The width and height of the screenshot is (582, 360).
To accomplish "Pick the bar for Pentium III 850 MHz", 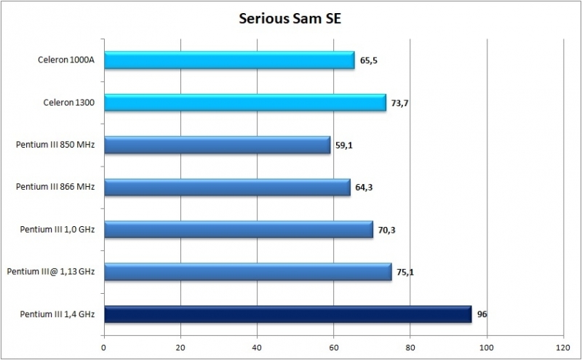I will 217,145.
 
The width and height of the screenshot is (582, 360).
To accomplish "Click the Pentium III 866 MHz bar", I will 227,188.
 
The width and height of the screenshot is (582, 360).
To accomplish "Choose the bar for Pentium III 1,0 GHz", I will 239,230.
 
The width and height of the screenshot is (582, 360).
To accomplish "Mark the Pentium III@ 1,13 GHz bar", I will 247,272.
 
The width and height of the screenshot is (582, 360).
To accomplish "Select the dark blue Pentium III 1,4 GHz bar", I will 287,314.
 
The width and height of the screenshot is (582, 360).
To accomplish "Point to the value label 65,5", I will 368,62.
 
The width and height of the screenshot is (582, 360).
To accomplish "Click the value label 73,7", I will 399,104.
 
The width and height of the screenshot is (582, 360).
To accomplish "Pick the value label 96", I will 482,315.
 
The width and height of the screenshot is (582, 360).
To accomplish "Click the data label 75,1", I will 404,273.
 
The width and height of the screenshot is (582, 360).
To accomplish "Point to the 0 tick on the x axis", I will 105,346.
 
